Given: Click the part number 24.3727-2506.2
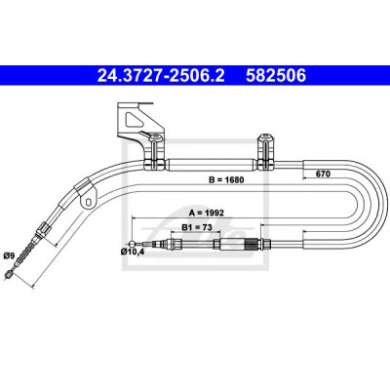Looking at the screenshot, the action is [x=161, y=75].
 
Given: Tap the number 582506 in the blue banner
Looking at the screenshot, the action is [x=276, y=75].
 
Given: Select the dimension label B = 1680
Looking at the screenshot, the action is [x=226, y=179].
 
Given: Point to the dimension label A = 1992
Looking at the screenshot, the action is [x=207, y=213].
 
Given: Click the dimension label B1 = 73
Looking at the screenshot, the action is [x=197, y=227].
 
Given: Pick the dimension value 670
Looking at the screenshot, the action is [x=323, y=174].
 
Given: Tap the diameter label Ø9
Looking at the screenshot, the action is [x=9, y=255].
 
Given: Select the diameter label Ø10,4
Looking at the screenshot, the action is [x=132, y=252].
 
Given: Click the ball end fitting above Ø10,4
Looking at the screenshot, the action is [x=132, y=244].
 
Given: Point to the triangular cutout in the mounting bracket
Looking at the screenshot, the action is [x=133, y=120].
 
